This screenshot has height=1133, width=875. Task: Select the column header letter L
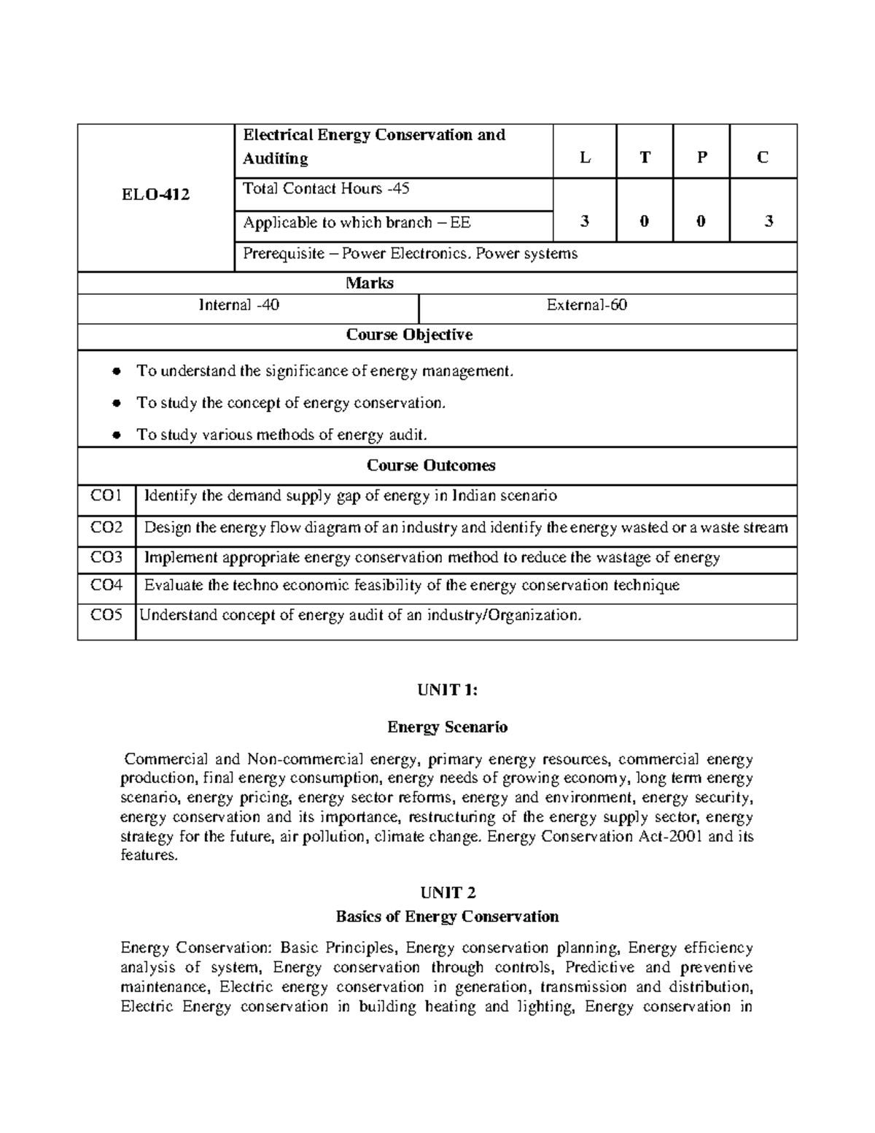point(585,158)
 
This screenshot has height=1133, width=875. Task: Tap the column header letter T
point(645,158)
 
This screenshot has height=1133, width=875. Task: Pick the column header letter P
point(701,158)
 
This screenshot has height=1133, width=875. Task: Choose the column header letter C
point(763,158)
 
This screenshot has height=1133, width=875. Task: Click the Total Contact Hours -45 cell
point(326,189)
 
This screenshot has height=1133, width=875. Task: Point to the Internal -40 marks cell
point(239,306)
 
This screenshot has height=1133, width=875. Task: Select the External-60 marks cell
point(587,306)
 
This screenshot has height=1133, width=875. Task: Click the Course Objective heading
point(409,335)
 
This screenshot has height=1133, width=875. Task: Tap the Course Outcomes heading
point(431,465)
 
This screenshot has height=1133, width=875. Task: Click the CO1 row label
point(106,496)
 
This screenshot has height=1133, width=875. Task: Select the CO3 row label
point(106,558)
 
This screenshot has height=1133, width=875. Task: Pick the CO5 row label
point(106,615)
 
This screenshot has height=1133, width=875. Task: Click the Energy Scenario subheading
point(447,727)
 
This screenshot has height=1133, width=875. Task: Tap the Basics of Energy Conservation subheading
point(447,916)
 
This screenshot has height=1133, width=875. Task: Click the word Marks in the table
point(370,283)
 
